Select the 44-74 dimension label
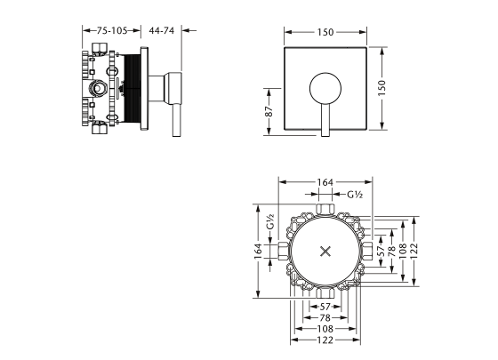pyautogui.click(x=161, y=29)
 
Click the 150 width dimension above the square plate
pyautogui.click(x=325, y=33)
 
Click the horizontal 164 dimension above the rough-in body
pyautogui.click(x=325, y=182)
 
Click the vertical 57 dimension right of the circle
pyautogui.click(x=380, y=252)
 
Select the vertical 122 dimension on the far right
pyautogui.click(x=414, y=252)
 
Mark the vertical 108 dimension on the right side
pyautogui.click(x=402, y=252)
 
